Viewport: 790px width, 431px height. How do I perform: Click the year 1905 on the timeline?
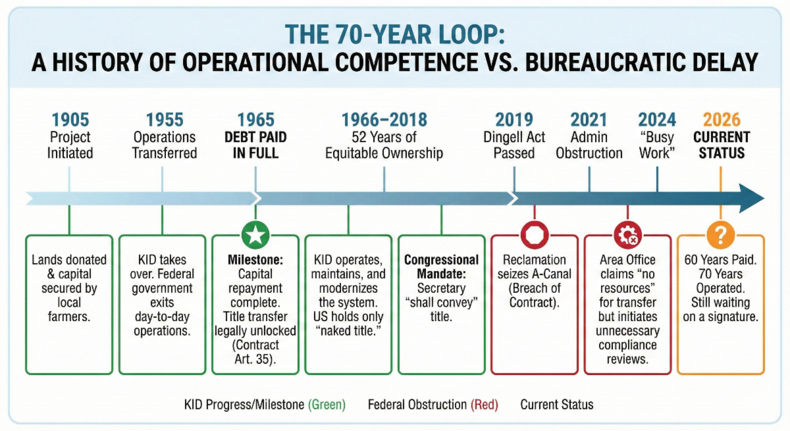(x=70, y=120)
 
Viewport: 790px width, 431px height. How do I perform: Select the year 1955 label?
(x=165, y=120)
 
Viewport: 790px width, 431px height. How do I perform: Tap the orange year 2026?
(x=722, y=120)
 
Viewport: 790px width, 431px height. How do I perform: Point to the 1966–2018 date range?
(x=384, y=120)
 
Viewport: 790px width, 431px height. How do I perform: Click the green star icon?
(x=255, y=235)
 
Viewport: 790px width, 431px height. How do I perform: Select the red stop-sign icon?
(x=535, y=235)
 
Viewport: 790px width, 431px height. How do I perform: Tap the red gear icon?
(x=627, y=235)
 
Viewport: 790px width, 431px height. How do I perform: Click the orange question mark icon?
(x=720, y=235)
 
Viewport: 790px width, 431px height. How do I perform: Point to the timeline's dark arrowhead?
(x=751, y=199)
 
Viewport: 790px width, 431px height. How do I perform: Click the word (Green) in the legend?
(x=327, y=405)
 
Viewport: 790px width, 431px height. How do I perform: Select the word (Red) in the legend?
(x=485, y=405)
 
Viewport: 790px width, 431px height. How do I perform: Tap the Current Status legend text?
(x=557, y=405)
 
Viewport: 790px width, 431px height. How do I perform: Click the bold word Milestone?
(x=255, y=260)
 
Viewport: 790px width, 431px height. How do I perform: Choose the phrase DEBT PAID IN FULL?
(x=255, y=145)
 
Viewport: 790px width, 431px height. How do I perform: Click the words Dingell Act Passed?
(x=514, y=145)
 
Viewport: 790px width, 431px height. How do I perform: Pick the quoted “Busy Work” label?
(x=657, y=145)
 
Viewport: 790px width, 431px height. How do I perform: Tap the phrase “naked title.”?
(x=348, y=331)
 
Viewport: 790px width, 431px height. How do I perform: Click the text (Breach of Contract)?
(x=535, y=295)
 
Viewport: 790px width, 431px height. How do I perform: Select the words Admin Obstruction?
(x=589, y=145)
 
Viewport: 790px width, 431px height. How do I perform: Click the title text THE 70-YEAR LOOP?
(x=394, y=34)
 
